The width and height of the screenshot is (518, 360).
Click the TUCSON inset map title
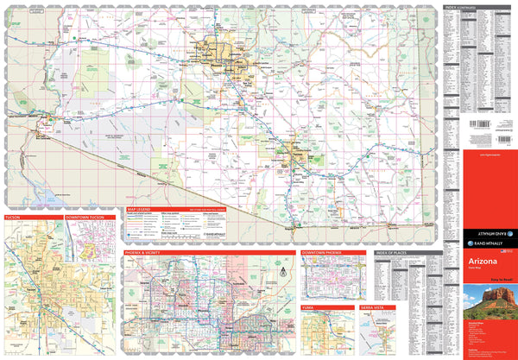[x=12, y=218]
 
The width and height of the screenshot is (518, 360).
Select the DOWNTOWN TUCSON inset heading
[x=85, y=218]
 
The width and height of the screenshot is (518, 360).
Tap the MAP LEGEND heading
[x=138, y=210]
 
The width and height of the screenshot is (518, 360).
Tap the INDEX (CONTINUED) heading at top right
[x=461, y=6]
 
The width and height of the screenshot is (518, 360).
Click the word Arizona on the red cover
[x=483, y=259]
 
